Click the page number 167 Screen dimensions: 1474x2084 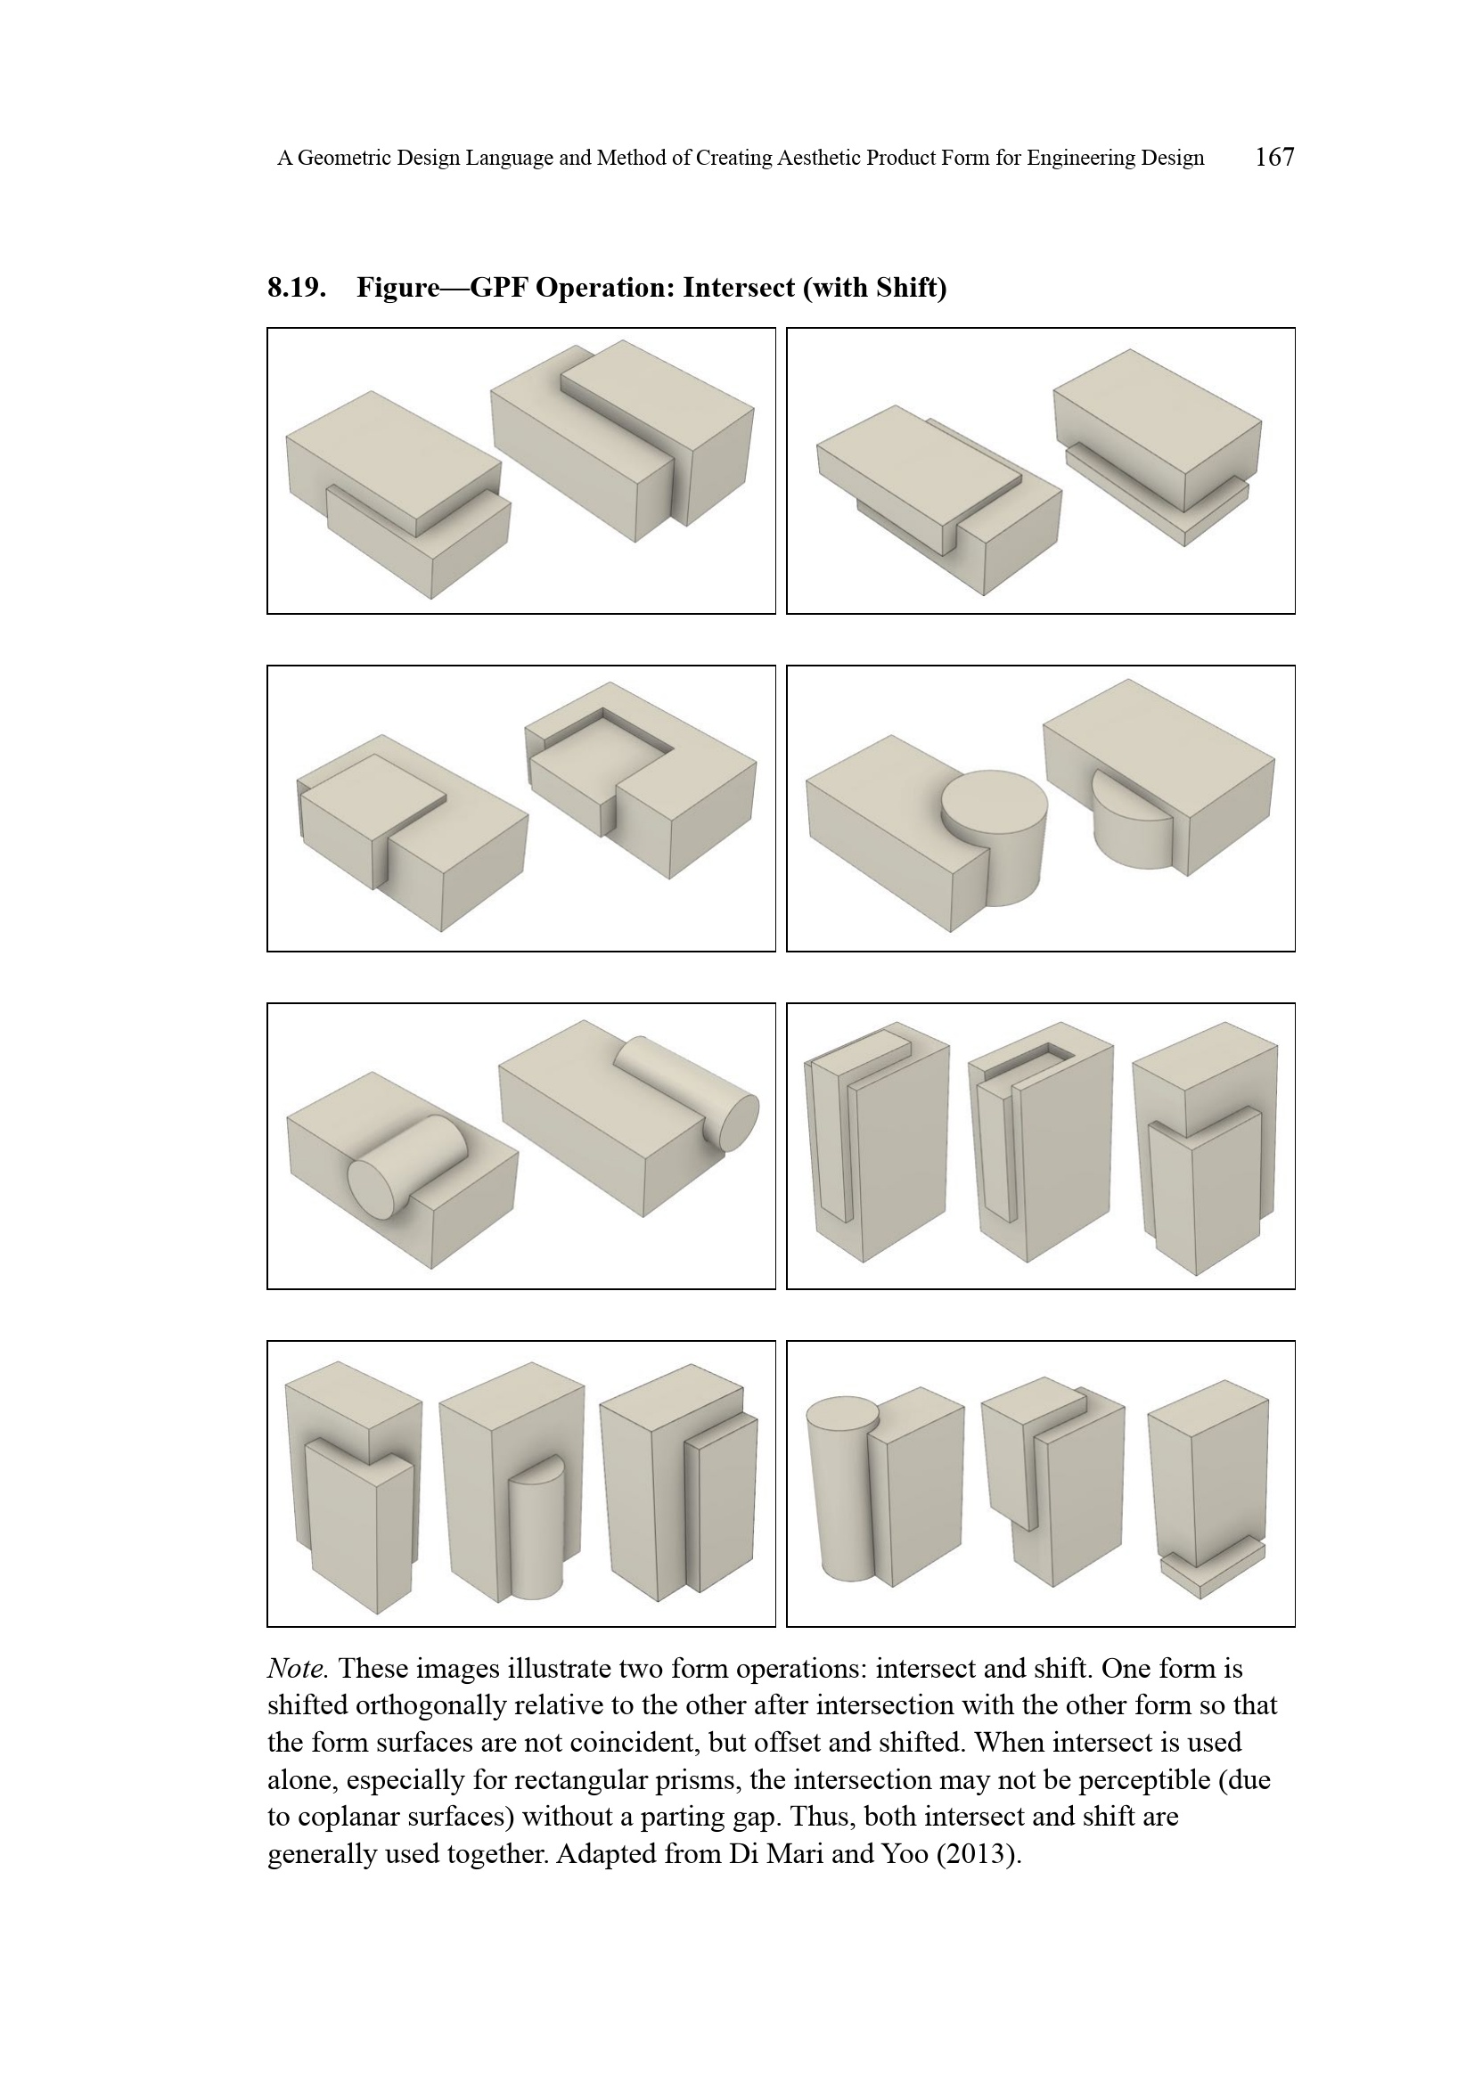click(1274, 157)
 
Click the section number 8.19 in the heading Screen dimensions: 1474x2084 click(297, 288)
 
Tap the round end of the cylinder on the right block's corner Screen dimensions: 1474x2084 click(731, 1123)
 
